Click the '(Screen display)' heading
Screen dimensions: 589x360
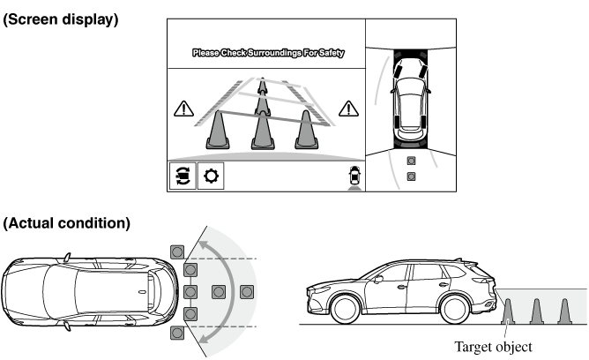[x=61, y=19]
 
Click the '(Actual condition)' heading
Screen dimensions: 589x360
[x=66, y=223]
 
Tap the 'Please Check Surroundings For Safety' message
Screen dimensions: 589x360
[x=268, y=53]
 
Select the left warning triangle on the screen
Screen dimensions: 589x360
[x=183, y=109]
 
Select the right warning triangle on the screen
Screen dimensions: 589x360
[x=348, y=109]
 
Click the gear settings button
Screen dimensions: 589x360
[x=211, y=176]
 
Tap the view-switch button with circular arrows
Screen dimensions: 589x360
[x=183, y=176]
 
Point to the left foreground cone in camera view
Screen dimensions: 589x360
[x=218, y=130]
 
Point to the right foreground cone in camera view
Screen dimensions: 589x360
[x=307, y=130]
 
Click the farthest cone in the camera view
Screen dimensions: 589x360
[x=262, y=86]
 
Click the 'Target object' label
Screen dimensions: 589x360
[x=493, y=347]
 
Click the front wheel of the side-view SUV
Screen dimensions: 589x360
[x=345, y=309]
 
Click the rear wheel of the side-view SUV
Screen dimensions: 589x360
[x=455, y=309]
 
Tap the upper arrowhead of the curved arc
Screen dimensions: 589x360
[x=204, y=246]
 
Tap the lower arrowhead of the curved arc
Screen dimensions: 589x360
[x=204, y=338]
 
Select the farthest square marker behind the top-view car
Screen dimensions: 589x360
[x=246, y=292]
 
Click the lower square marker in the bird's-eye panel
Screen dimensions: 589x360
[x=411, y=176]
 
